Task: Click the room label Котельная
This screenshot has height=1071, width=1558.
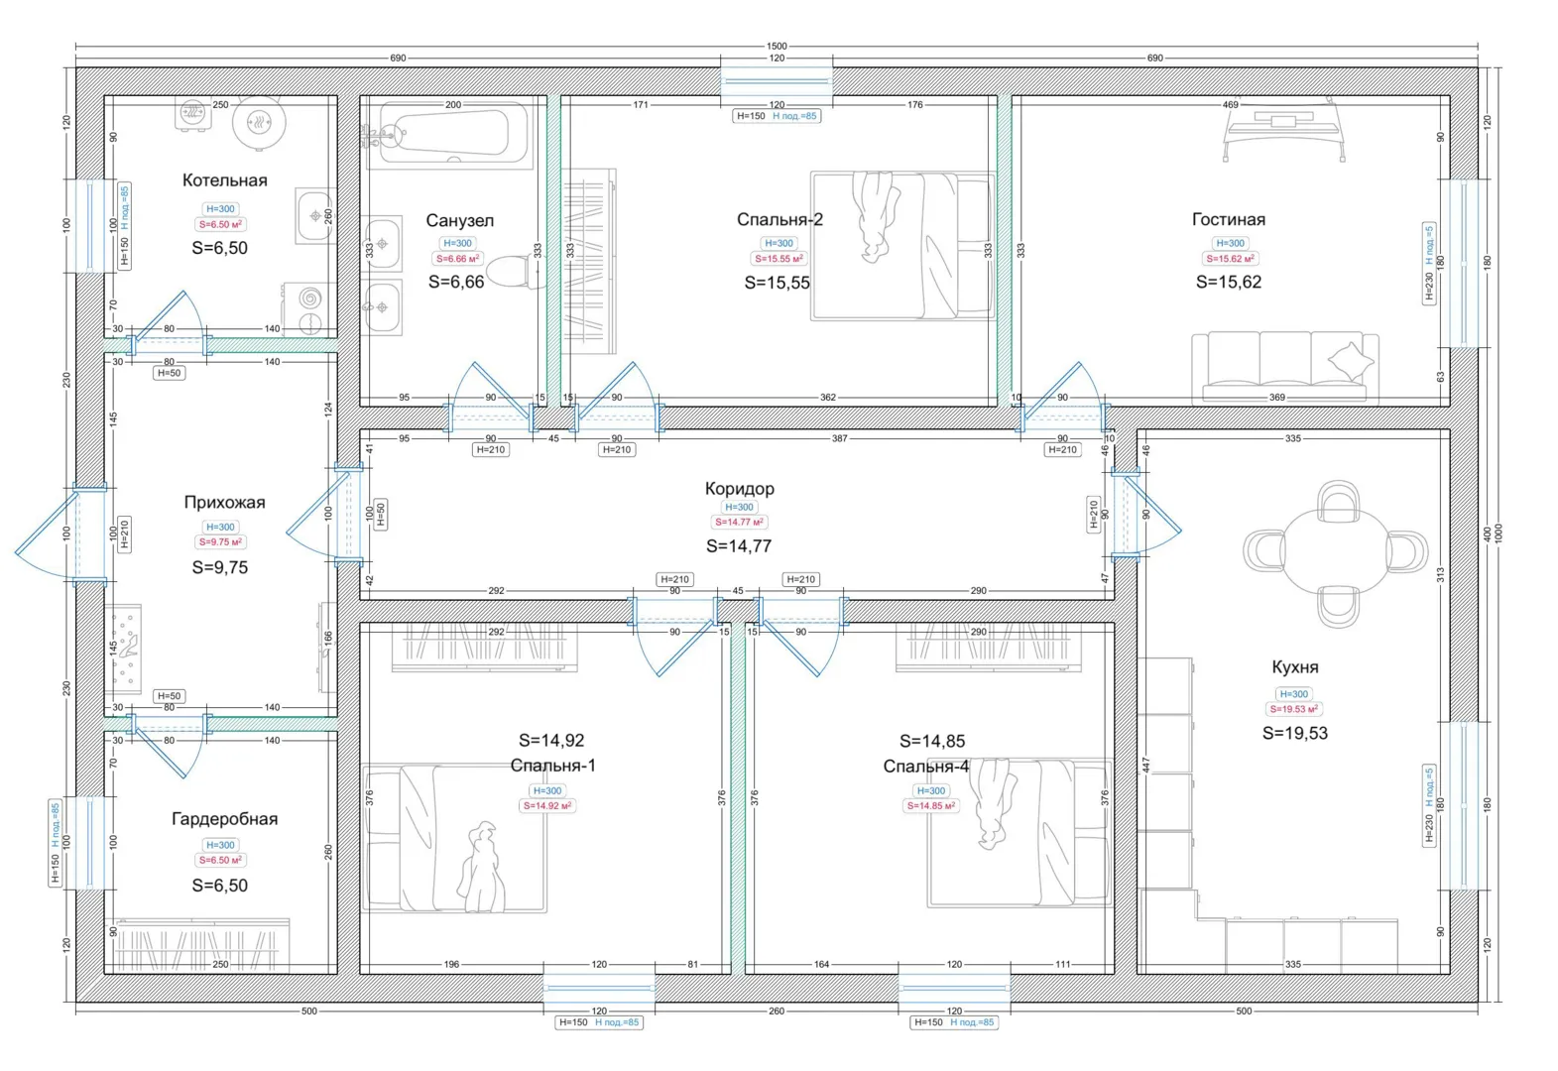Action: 225,180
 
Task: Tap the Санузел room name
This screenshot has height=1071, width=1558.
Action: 460,220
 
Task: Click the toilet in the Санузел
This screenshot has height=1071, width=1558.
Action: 514,272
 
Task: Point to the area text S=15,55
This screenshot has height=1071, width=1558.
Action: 777,283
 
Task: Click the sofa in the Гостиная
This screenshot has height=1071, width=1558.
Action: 1284,369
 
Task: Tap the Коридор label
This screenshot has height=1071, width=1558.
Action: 740,488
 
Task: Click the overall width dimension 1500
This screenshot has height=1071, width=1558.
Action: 777,46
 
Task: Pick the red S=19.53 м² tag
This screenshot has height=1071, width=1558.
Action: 1293,709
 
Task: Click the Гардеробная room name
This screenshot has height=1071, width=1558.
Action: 225,818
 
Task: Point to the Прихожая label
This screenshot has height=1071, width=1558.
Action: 225,502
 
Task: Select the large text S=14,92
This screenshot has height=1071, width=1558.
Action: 551,740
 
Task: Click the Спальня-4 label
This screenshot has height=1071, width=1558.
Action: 925,767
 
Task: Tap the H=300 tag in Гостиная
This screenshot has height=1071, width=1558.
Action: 1230,243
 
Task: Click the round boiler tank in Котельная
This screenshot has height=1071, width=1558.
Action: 259,123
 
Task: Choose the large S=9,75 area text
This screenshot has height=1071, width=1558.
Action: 220,567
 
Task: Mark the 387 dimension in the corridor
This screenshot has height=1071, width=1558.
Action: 840,439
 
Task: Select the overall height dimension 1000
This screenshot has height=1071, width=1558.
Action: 1498,535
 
